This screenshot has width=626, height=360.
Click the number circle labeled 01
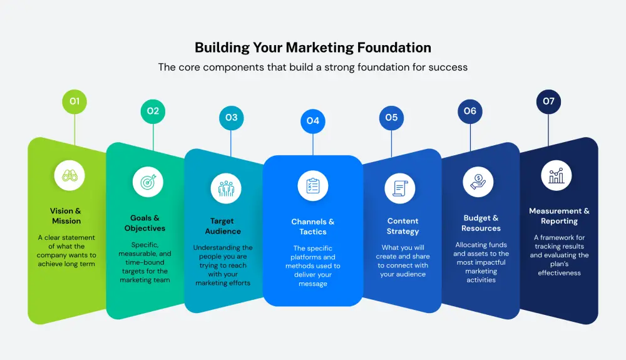pos(74,101)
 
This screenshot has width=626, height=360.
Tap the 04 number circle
pos(313,121)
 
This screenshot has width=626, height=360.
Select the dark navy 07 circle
pos(548,101)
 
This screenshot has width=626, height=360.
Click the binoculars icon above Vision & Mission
pos(69,175)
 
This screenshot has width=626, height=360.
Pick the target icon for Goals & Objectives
pos(148,182)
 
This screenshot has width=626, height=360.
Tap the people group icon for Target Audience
pos(226,188)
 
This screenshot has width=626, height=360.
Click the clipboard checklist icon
pos(313,185)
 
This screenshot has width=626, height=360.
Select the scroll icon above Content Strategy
pos(400,188)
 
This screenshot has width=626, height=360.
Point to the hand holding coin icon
pos(478,182)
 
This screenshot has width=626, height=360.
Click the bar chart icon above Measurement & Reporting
pos(556,175)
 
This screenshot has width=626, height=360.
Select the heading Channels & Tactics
pos(313,227)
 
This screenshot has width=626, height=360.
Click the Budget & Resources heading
pos(481,223)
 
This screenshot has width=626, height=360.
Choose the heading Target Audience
pos(223,226)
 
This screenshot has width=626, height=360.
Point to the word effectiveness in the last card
pos(559,273)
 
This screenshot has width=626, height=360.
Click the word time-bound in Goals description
pos(145,262)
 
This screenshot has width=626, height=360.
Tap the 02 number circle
pos(153,111)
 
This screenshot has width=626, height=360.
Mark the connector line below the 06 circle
pos(470,137)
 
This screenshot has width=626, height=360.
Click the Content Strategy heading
pos(403,226)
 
